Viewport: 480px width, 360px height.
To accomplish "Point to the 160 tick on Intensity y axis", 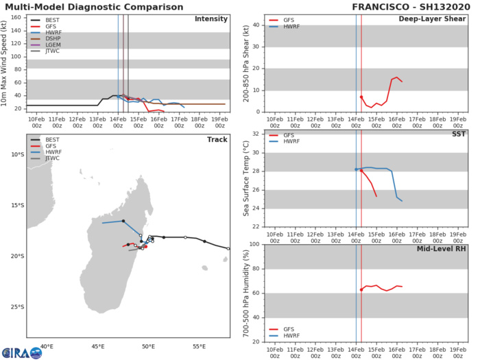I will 19,17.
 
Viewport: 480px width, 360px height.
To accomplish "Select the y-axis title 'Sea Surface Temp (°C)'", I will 246,178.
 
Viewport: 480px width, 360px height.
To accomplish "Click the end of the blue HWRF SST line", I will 402,201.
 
